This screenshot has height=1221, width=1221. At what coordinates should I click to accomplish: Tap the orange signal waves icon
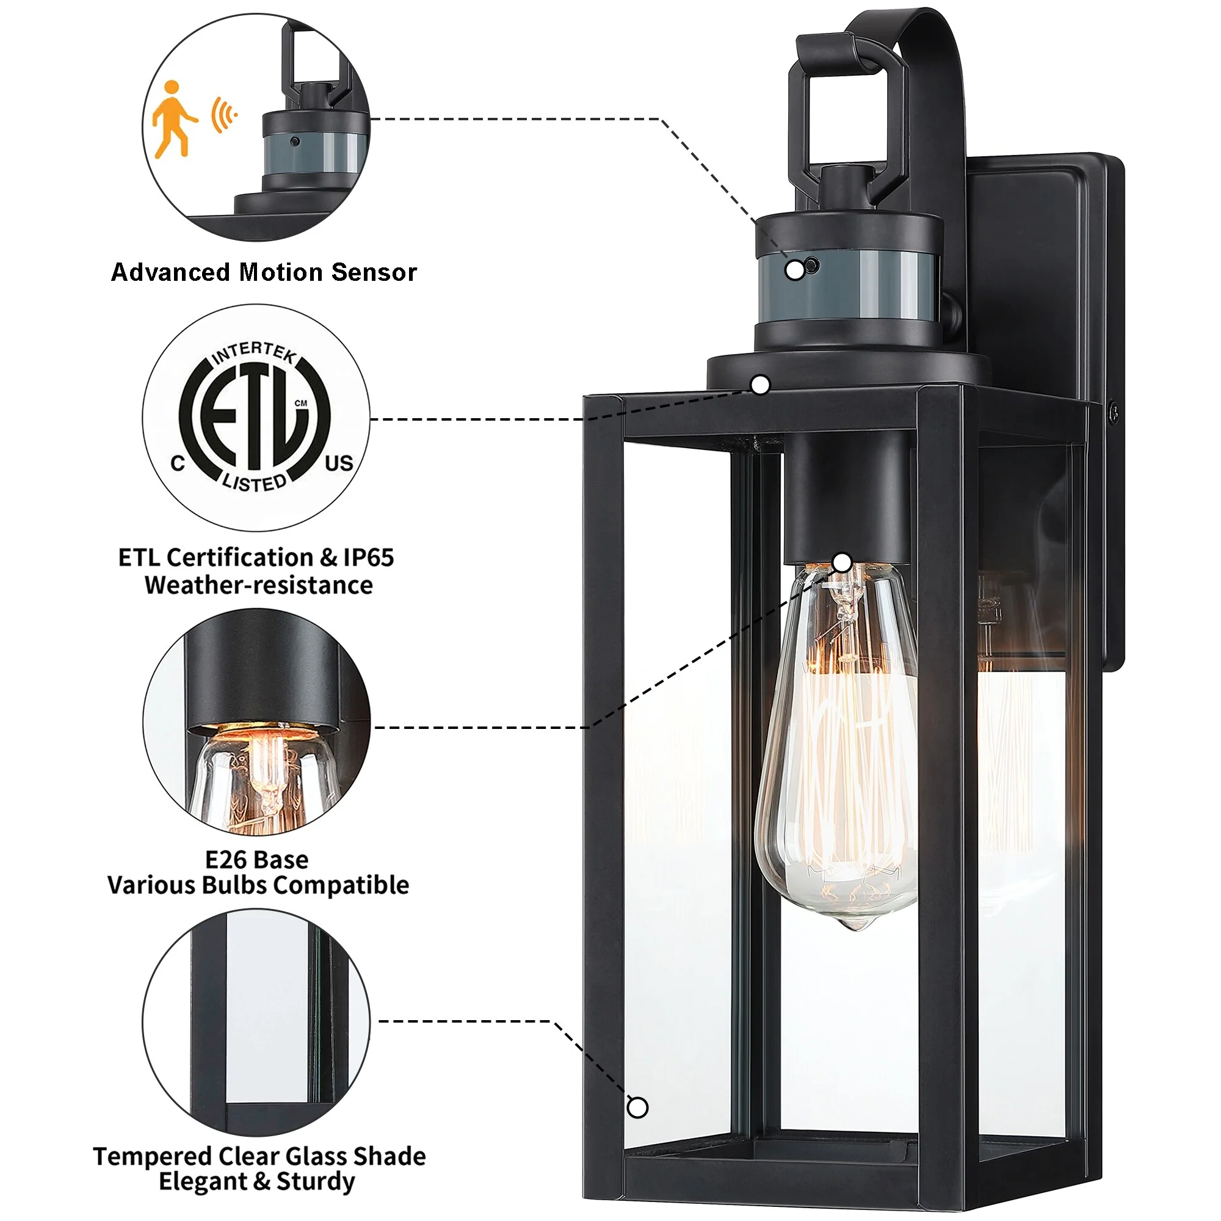(223, 115)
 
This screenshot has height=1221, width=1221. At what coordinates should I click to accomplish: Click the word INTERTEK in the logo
(254, 354)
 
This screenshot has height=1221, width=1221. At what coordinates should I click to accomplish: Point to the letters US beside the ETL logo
(339, 463)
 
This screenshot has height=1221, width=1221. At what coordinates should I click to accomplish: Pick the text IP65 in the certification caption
(369, 557)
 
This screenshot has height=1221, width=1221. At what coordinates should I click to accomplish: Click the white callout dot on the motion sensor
(795, 270)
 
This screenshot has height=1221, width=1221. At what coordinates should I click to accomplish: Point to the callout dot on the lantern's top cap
(761, 384)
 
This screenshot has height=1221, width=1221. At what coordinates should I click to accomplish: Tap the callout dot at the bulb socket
(842, 562)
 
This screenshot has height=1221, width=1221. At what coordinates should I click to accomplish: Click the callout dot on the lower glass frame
(638, 1107)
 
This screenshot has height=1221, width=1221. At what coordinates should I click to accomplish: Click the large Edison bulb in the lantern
(838, 746)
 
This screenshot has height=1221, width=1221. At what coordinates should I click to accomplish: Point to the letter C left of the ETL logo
(178, 463)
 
